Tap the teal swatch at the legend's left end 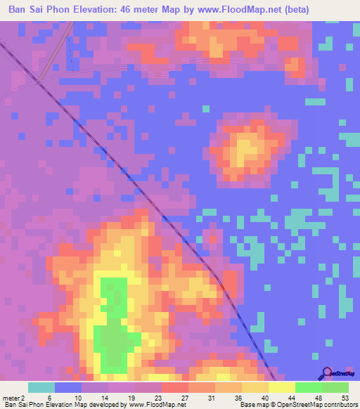pyautogui.click(x=41, y=387)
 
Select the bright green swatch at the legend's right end pyautogui.click(x=335, y=387)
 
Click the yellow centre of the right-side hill pyautogui.click(x=246, y=149)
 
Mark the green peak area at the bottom pyautogui.click(x=112, y=330)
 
